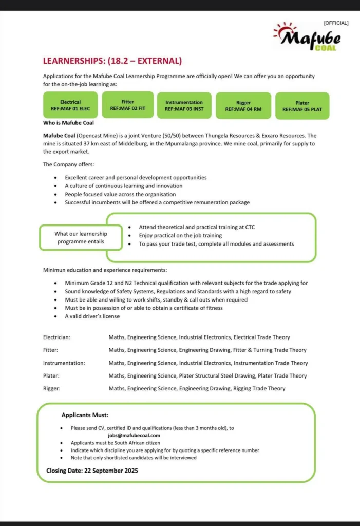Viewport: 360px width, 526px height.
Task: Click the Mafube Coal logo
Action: pos(307,37)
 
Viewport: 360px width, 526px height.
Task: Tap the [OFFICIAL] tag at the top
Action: pos(336,23)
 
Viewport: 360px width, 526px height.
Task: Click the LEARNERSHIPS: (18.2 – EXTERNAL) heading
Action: pos(112,61)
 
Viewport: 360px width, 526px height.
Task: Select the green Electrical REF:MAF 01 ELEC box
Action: pos(70,105)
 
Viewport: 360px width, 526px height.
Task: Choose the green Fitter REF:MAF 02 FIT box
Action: pos(128,105)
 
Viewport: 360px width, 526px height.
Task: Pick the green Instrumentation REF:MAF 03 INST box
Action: pos(184,105)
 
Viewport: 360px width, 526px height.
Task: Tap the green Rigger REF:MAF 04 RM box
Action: pos(243,106)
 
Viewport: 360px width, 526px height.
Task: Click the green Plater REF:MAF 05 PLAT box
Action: pos(302,106)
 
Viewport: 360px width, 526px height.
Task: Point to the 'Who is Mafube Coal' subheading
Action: pos(68,123)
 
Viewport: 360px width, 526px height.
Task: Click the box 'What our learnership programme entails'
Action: pos(81,237)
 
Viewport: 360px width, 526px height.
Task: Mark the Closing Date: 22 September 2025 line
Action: pos(92,470)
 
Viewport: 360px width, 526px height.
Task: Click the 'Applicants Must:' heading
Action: pos(85,415)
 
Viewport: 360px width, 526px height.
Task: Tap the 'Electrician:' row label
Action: pos(57,337)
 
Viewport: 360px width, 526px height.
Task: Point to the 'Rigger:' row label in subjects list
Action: pos(51,389)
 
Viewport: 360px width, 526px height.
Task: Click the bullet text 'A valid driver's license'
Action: pos(92,316)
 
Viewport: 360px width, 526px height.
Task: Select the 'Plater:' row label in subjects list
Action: pos(51,376)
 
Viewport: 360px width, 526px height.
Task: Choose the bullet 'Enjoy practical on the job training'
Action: pos(180,235)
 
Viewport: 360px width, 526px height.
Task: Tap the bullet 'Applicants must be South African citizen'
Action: pos(116,442)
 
